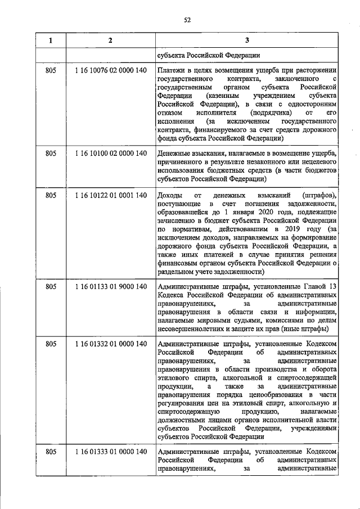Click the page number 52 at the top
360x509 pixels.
pyautogui.click(x=188, y=21)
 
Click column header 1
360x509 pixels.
pyautogui.click(x=51, y=40)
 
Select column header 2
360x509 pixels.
pyautogui.click(x=110, y=40)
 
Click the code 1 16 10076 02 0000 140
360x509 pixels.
pyautogui.click(x=110, y=71)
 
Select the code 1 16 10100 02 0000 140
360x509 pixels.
pyautogui.click(x=110, y=154)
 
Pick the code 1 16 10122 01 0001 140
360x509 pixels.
pyautogui.click(x=110, y=195)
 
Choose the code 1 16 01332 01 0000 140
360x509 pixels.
pyautogui.click(x=110, y=344)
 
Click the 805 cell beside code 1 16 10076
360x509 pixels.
pyautogui.click(x=51, y=71)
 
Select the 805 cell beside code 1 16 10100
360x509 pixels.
pyautogui.click(x=51, y=154)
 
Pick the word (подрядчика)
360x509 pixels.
pyautogui.click(x=269, y=112)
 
